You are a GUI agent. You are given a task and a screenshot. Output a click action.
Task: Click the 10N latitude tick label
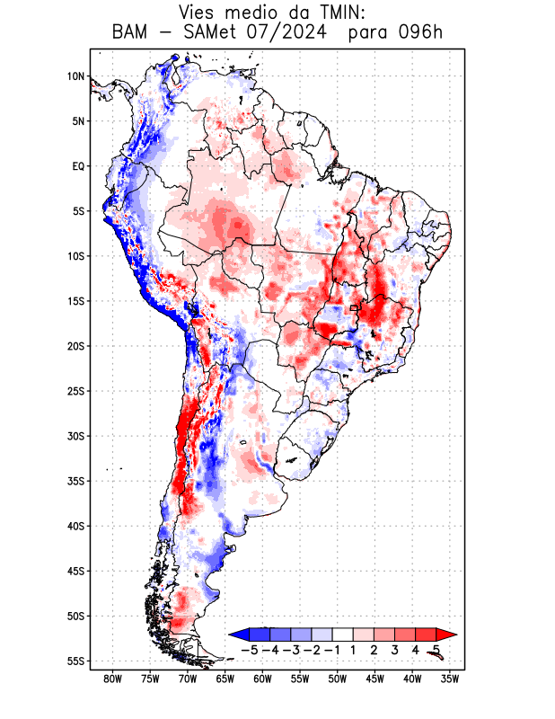[x=75, y=76]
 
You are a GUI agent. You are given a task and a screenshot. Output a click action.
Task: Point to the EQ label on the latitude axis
[x=78, y=166]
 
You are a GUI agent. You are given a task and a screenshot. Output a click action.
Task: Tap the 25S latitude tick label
[x=75, y=391]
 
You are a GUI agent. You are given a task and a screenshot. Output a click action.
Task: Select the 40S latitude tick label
[x=75, y=526]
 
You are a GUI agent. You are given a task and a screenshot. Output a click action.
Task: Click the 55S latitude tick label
[x=75, y=661]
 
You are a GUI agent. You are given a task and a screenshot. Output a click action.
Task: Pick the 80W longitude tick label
[x=112, y=679]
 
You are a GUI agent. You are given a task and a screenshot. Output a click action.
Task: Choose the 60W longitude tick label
[x=262, y=679]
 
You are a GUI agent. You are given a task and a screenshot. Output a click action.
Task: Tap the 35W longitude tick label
[x=450, y=679]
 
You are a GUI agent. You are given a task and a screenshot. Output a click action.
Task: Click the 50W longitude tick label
[x=338, y=679]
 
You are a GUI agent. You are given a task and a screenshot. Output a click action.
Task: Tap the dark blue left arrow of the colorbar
[x=239, y=634]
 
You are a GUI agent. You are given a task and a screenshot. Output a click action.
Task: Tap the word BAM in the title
[x=132, y=33]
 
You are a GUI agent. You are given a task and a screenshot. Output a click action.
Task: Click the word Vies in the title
[x=200, y=13]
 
